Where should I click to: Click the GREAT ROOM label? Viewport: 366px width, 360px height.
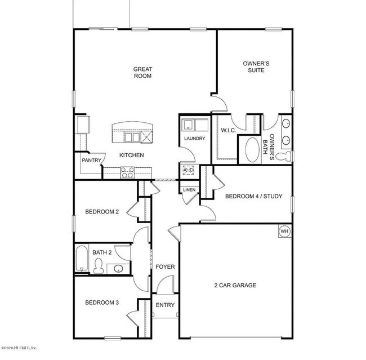coord(142,73)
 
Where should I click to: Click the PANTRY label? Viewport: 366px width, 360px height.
coord(91,161)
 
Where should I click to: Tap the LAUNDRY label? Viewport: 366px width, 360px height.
coord(194,139)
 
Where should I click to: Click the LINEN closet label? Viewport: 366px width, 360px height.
coord(189,190)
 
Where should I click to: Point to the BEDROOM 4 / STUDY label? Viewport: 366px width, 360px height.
coord(253,197)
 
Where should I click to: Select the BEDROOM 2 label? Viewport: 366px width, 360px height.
coord(102,212)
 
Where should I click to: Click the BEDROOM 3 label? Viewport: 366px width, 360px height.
coord(102,303)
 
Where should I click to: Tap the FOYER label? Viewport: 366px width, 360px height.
coord(165,266)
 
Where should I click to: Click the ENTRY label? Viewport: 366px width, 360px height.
coord(165,305)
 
